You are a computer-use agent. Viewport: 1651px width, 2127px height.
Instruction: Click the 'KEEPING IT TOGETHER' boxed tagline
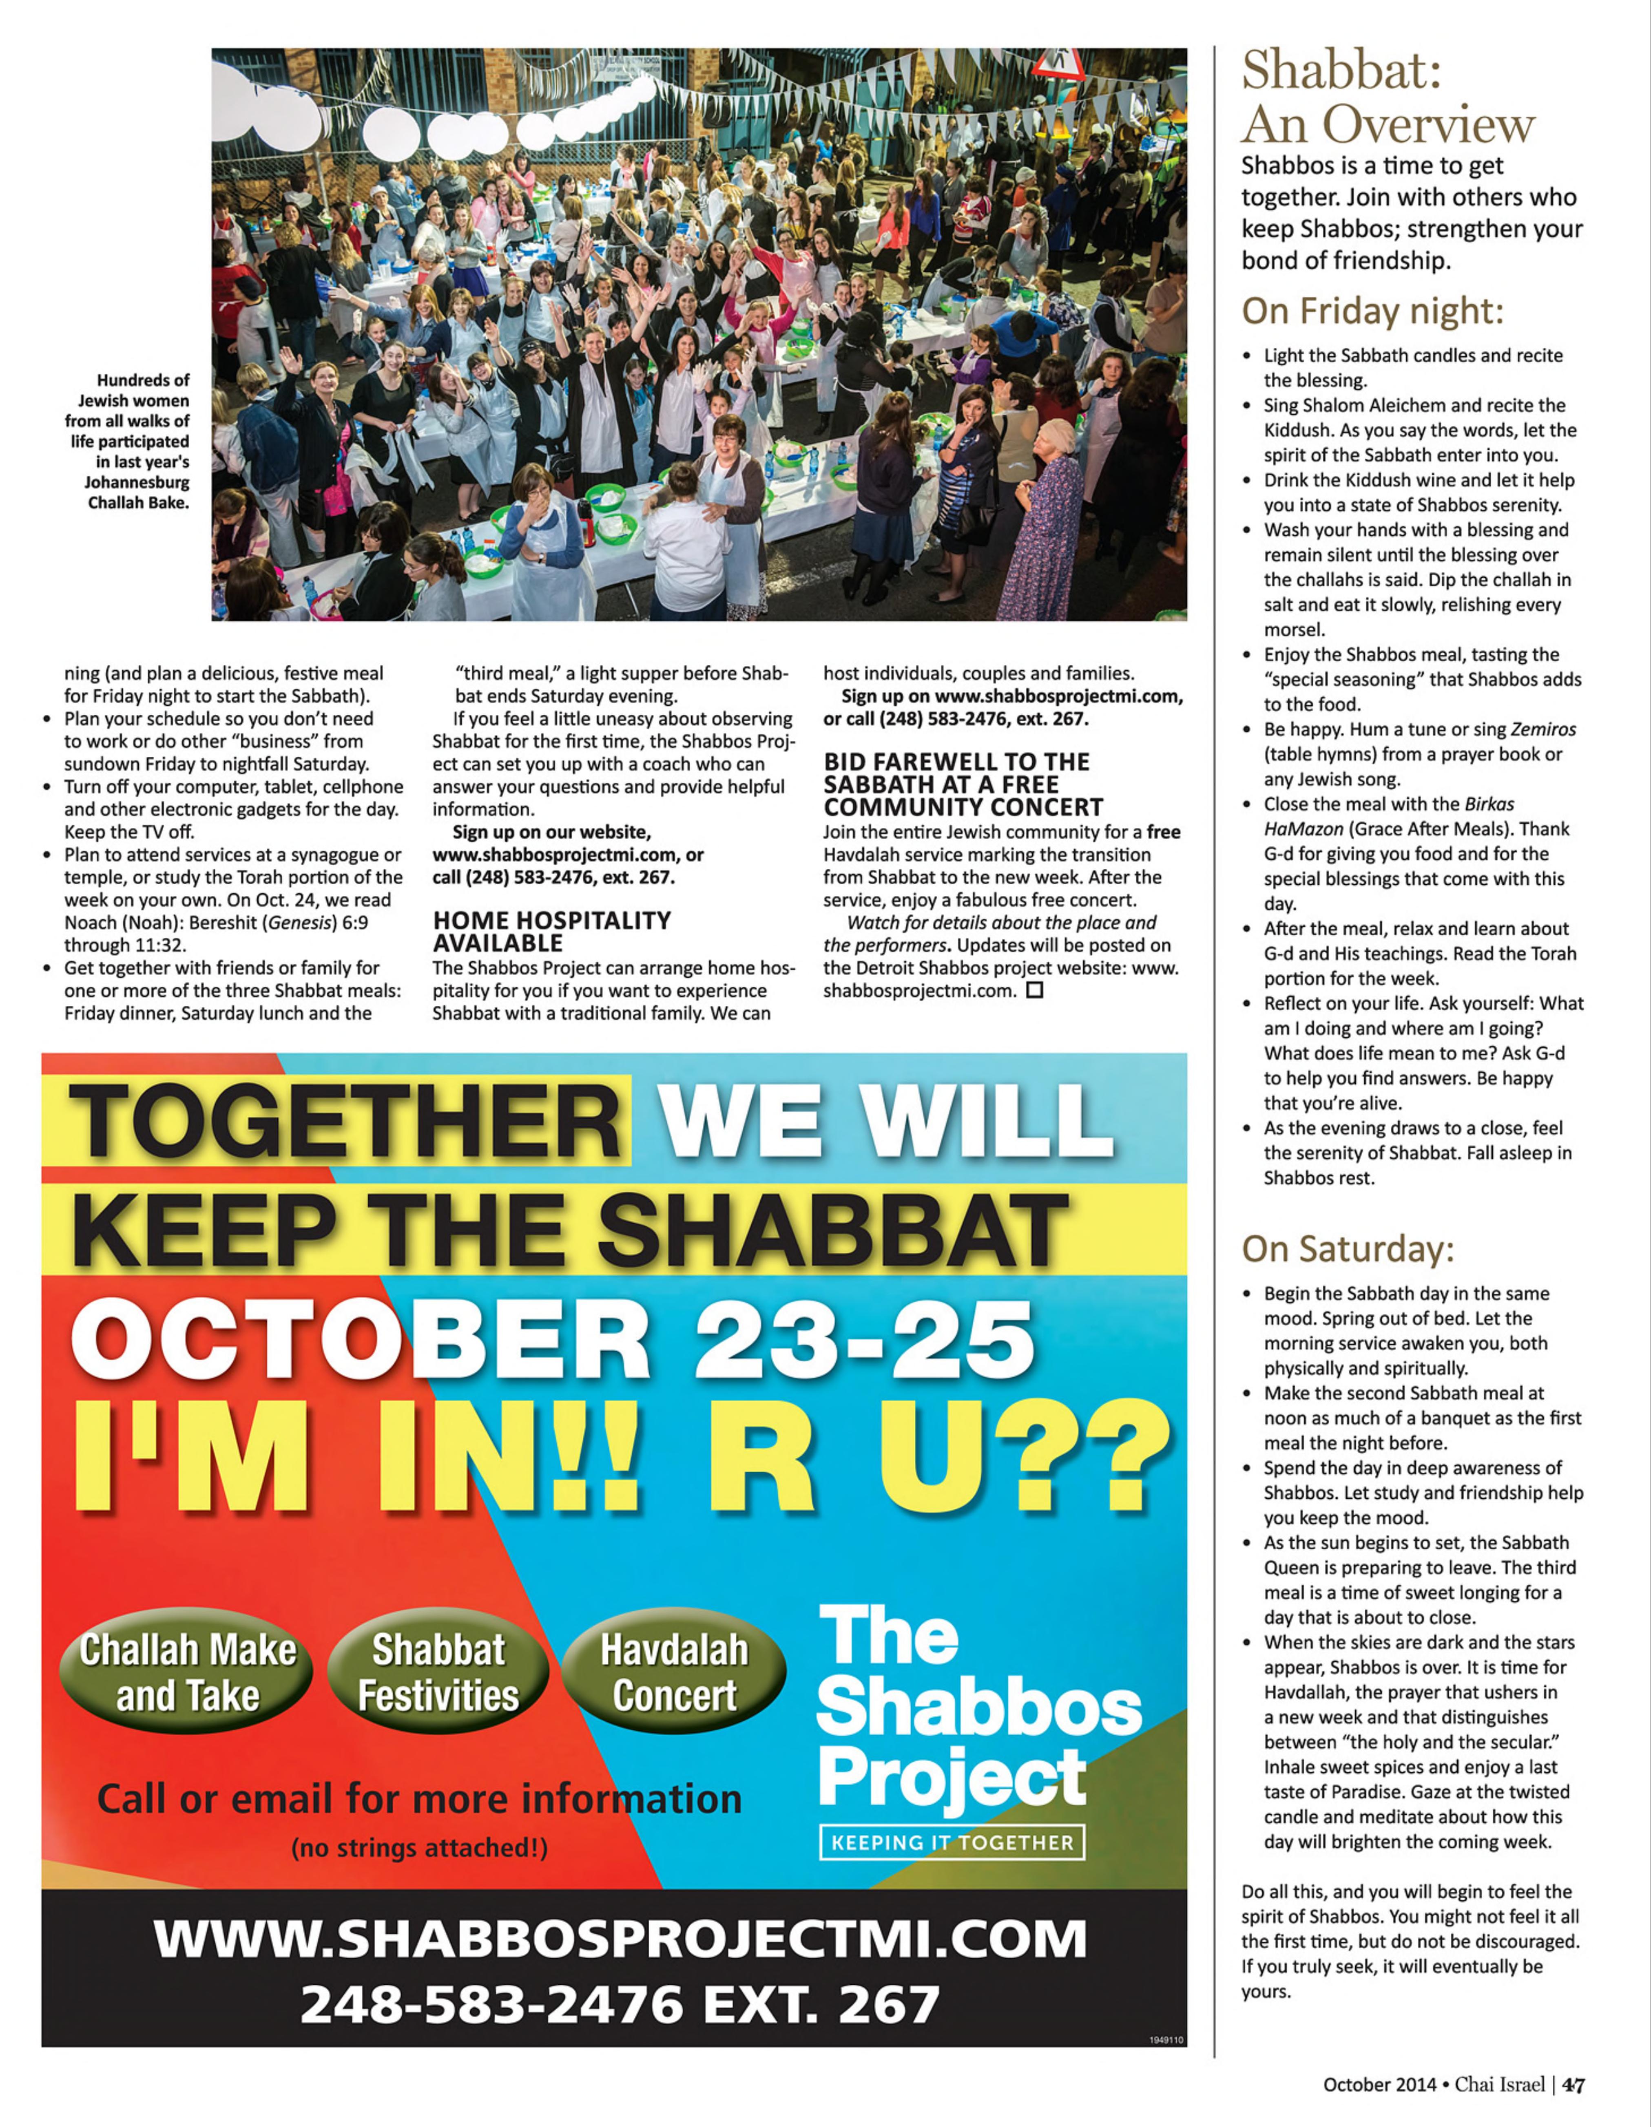pos(952,1842)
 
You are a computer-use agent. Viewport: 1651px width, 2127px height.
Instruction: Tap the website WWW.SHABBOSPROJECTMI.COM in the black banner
pos(620,1938)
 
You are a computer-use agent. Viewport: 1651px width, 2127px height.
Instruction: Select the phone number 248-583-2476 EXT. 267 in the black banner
pos(620,2004)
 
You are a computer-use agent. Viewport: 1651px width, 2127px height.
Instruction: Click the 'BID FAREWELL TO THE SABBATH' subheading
pos(963,784)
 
